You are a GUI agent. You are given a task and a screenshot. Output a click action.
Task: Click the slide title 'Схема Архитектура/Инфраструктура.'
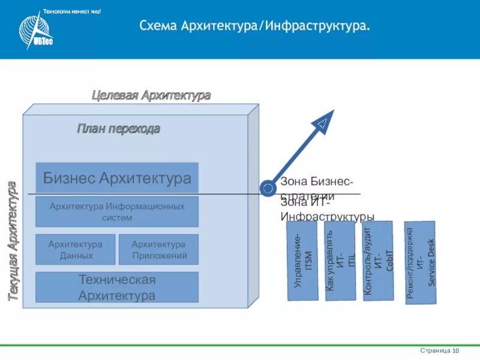[254, 26]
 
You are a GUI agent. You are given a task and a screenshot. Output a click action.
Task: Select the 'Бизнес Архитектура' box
[117, 178]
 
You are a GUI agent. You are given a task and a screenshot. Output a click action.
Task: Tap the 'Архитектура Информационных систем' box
[117, 212]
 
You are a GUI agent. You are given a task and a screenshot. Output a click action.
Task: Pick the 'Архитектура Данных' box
[76, 250]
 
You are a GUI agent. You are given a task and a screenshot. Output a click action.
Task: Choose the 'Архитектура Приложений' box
[158, 250]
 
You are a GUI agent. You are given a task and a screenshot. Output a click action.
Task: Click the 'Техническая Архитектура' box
[117, 287]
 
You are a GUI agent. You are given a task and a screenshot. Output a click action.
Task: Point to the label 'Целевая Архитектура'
[151, 95]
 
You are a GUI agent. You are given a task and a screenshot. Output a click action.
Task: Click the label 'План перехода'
[118, 128]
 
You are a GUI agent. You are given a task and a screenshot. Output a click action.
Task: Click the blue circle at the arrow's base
[268, 188]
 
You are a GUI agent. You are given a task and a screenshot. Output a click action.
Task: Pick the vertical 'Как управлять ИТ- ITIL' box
[340, 262]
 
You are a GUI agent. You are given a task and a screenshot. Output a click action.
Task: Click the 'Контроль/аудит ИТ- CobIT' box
[377, 260]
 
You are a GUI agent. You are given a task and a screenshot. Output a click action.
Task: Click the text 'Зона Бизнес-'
[317, 182]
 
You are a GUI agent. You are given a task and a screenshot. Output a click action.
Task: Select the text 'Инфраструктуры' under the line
[328, 217]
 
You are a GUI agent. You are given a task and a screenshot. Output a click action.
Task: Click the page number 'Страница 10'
[440, 350]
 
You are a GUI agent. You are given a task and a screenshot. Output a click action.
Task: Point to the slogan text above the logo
[72, 12]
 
